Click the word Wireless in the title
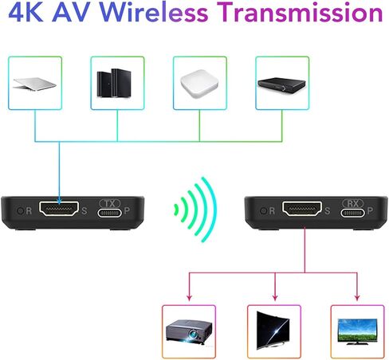pyautogui.click(x=154, y=12)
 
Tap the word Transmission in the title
pyautogui.click(x=301, y=12)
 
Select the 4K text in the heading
pyautogui.click(x=26, y=12)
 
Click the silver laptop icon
pyautogui.click(x=35, y=84)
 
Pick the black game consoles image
pyautogui.click(x=114, y=83)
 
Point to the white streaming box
pyautogui.click(x=199, y=83)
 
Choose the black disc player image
pyautogui.click(x=281, y=85)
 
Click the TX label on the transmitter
pyautogui.click(x=110, y=204)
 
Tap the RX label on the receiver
pyautogui.click(x=352, y=203)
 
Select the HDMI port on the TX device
pyautogui.click(x=59, y=209)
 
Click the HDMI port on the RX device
pyautogui.click(x=302, y=209)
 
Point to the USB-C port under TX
pyautogui.click(x=109, y=213)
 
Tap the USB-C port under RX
pyautogui.click(x=352, y=213)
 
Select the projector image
pyautogui.click(x=189, y=332)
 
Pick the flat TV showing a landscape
pyautogui.click(x=357, y=331)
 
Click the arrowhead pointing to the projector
pyautogui.click(x=189, y=297)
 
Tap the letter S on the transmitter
pyautogui.click(x=84, y=211)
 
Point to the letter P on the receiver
pyautogui.click(x=370, y=210)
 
